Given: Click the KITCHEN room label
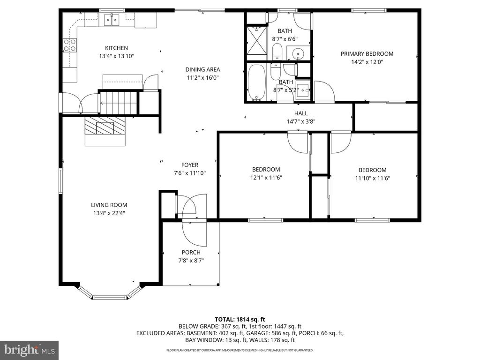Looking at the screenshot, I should pos(116,48).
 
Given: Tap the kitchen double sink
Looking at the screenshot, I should pos(112,20).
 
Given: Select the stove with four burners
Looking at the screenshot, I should pos(70,45).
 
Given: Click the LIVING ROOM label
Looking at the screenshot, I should pos(109,205).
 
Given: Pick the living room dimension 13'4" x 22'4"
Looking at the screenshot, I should pos(109,213).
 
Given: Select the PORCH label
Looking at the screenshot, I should pos(191,253).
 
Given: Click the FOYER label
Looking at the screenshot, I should pos(190,165).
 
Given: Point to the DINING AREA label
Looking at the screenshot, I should pos(202,70).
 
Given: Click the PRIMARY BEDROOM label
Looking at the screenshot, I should pos(367,54).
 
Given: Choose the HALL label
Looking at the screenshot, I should pos(301,113).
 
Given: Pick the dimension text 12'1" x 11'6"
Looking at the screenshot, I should pos(266,178).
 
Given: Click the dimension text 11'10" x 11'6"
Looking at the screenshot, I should pos(373,178).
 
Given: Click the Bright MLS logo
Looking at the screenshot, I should pos(29,350).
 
